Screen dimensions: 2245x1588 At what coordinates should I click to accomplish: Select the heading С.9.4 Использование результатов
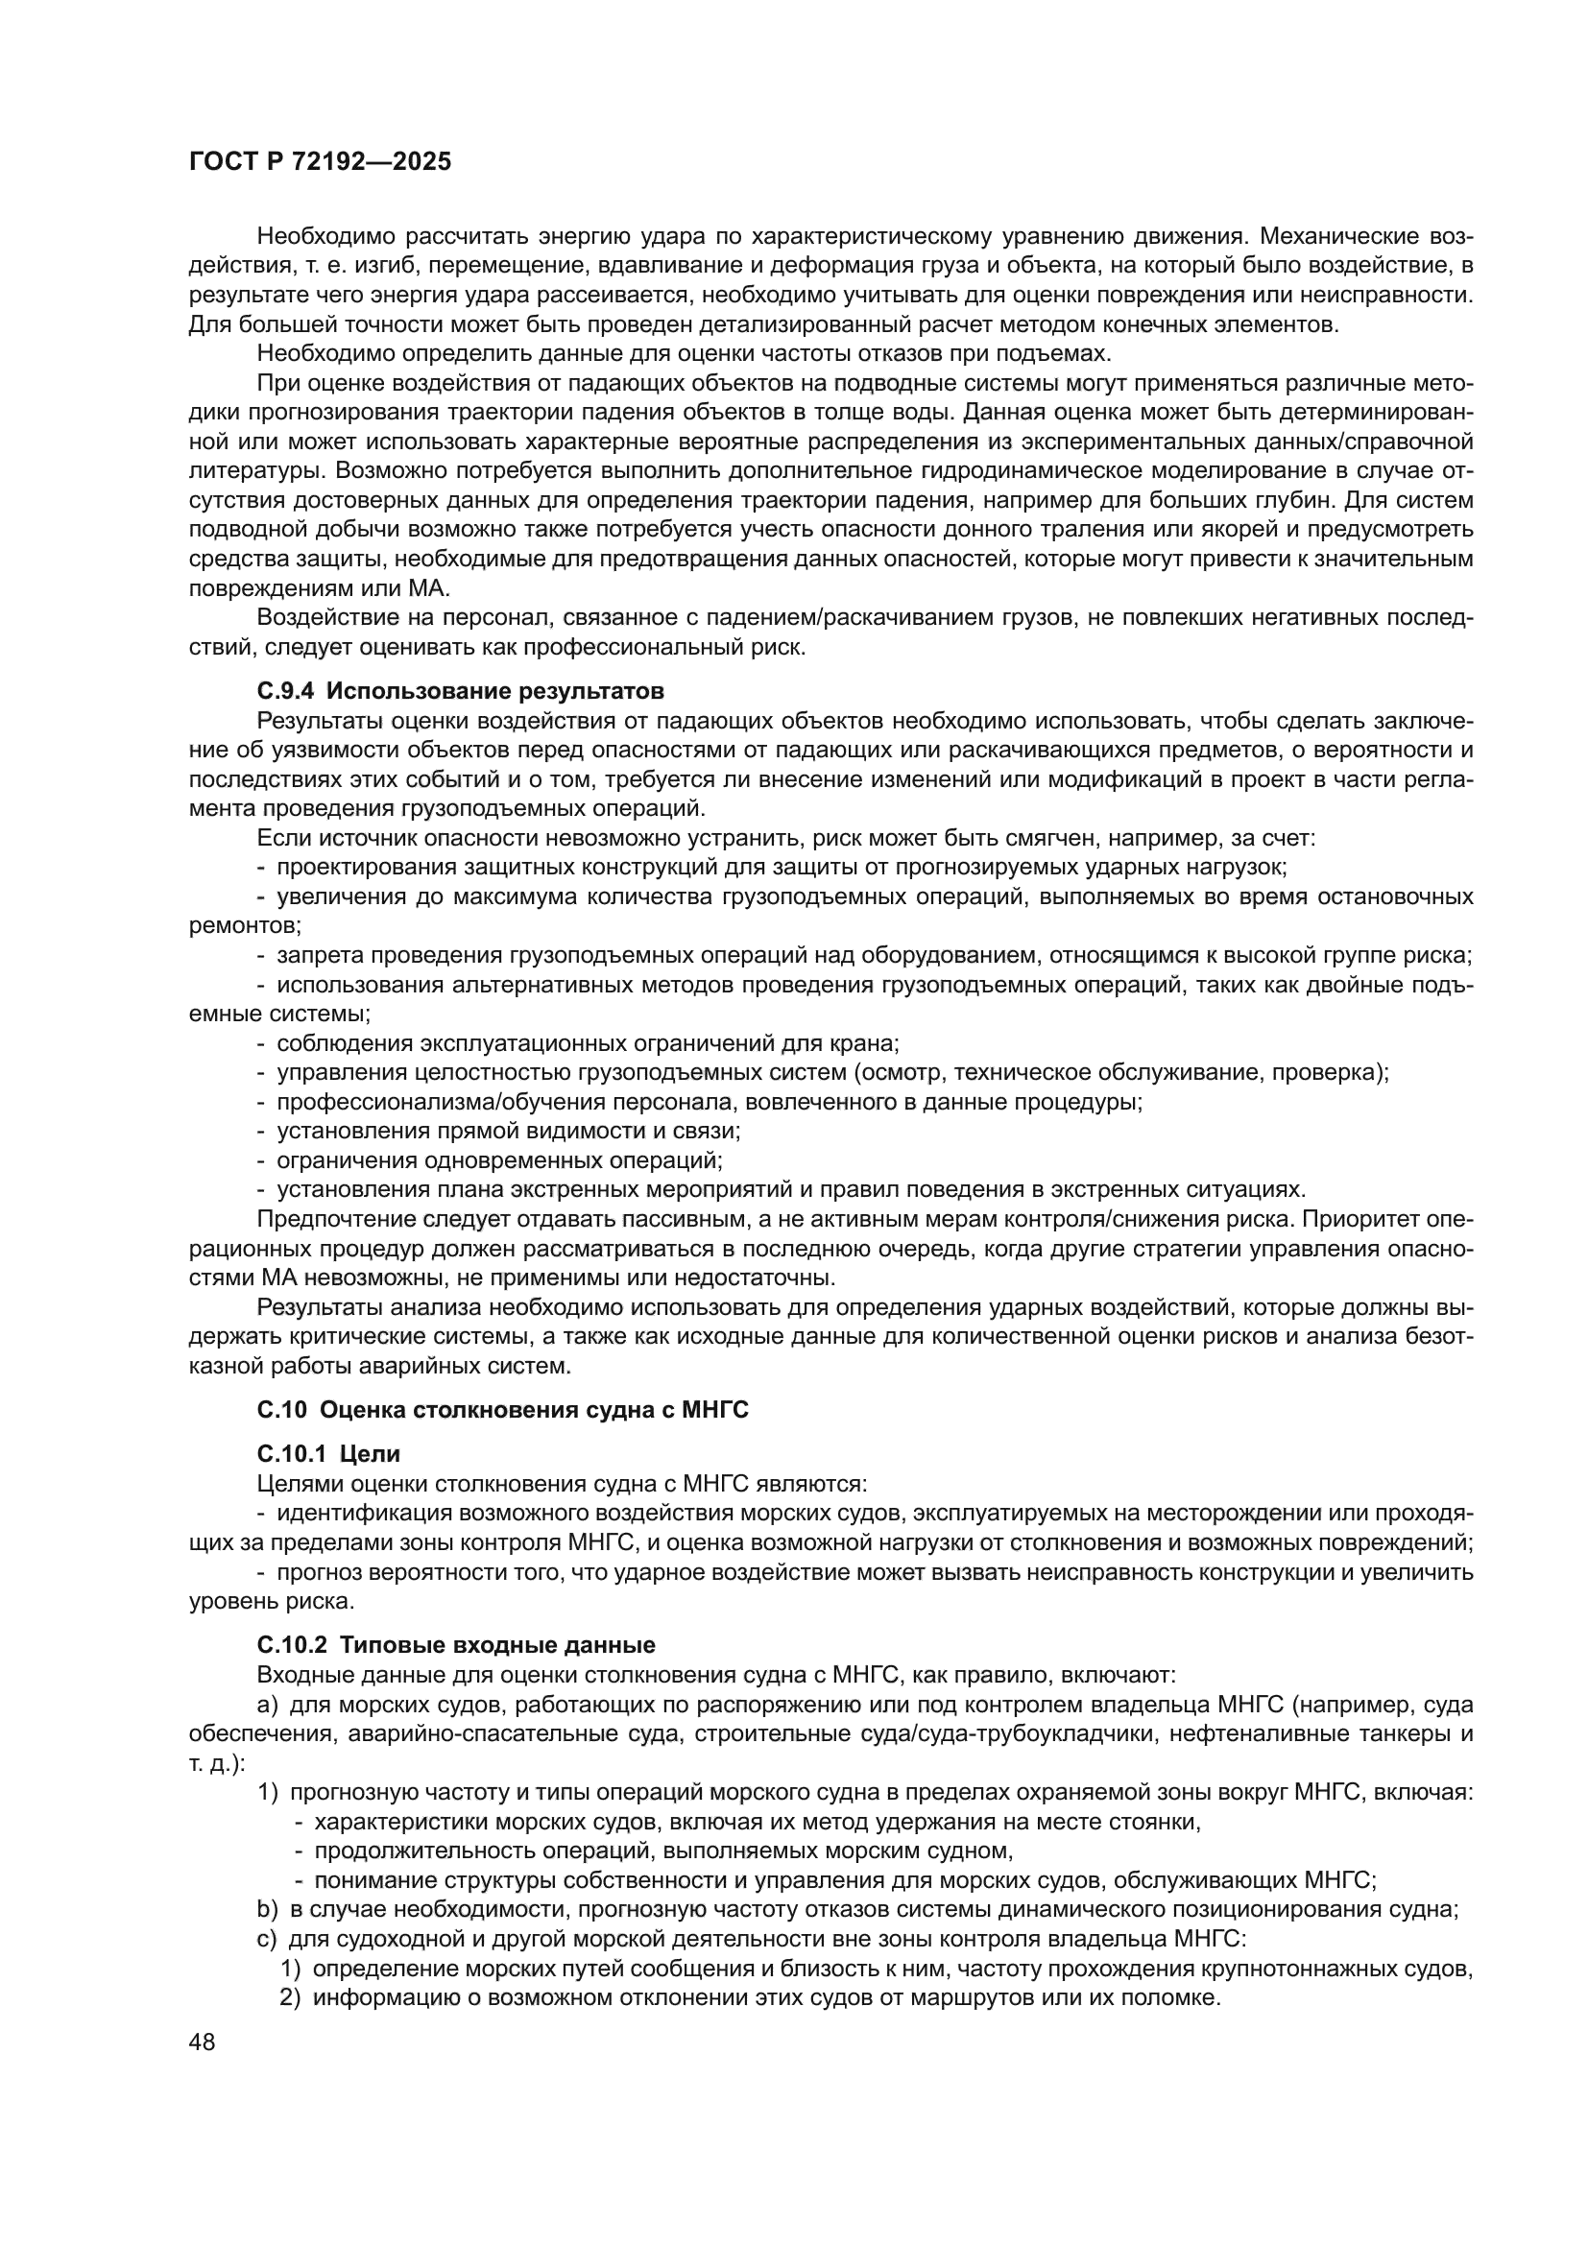[461, 691]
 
